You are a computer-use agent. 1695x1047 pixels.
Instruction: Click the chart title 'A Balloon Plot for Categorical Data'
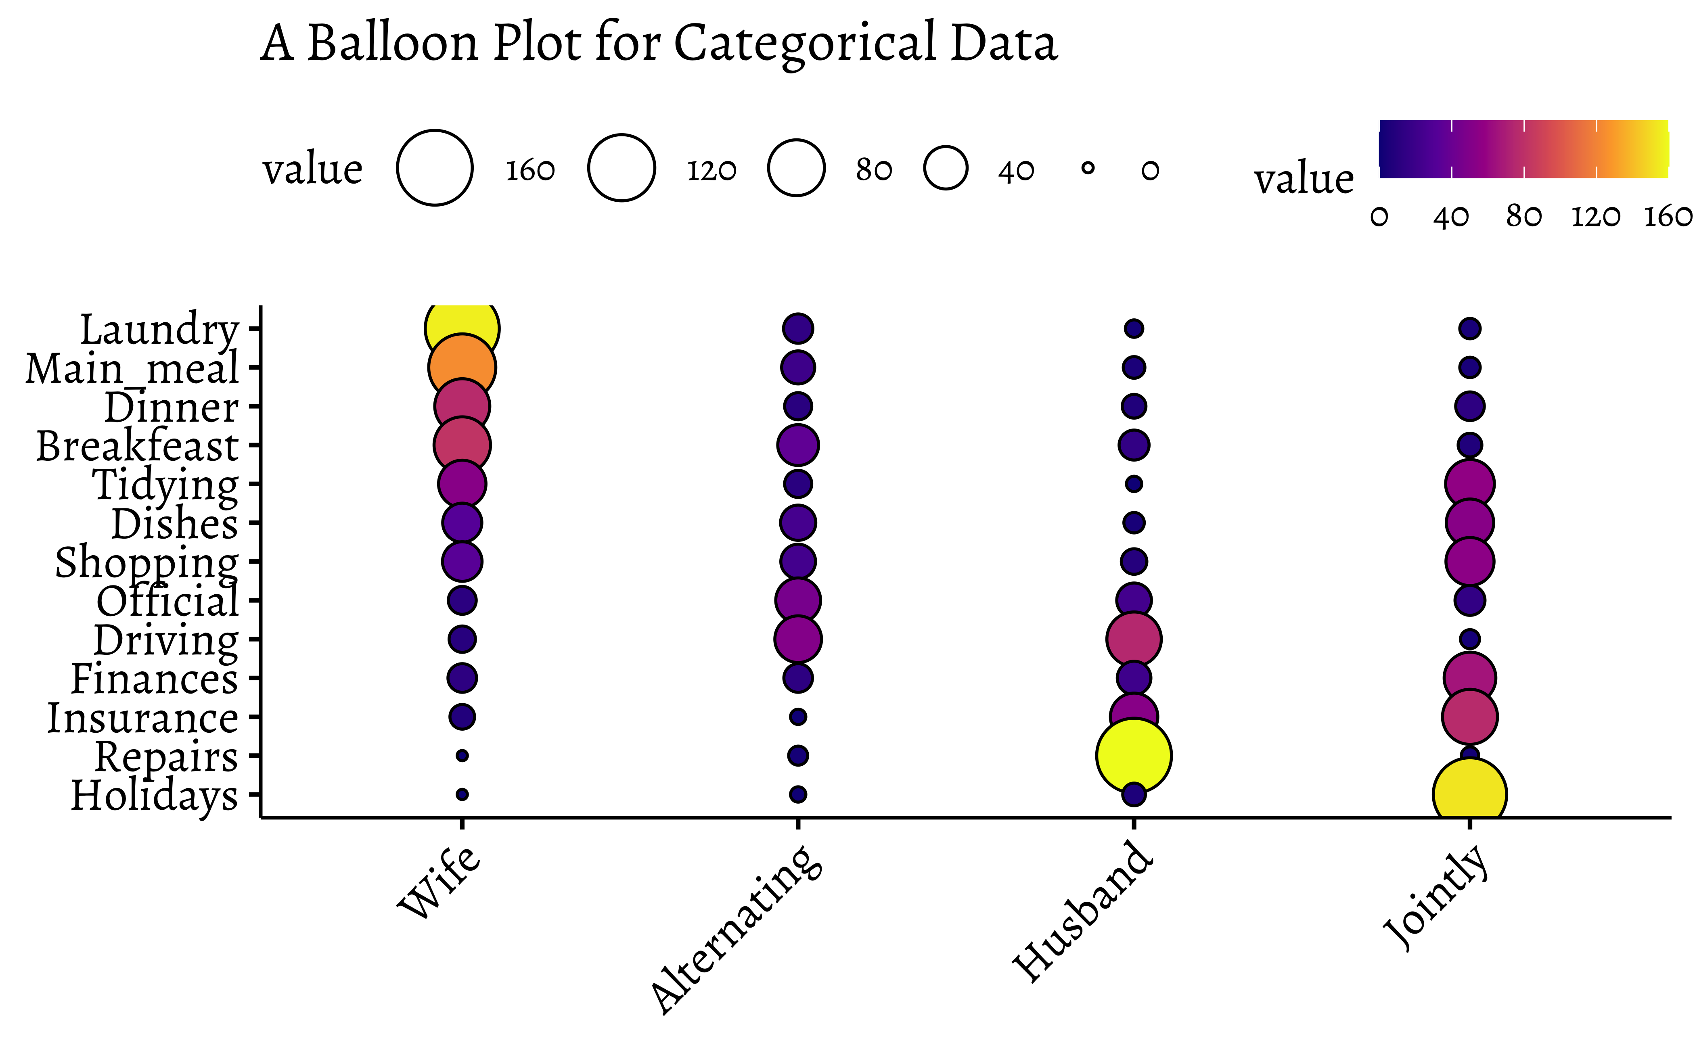click(658, 43)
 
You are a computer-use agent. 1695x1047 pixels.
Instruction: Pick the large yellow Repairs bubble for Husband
click(1133, 755)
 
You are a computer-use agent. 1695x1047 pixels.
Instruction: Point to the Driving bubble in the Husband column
click(1133, 638)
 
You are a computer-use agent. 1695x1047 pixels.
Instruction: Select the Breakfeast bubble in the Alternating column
click(798, 445)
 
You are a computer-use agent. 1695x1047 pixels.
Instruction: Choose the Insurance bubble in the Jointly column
click(1469, 716)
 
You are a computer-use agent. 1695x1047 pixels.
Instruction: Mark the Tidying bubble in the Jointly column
click(1469, 483)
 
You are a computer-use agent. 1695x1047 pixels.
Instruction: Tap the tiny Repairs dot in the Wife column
click(462, 755)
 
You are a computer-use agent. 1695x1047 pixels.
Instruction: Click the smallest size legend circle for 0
click(1088, 167)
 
